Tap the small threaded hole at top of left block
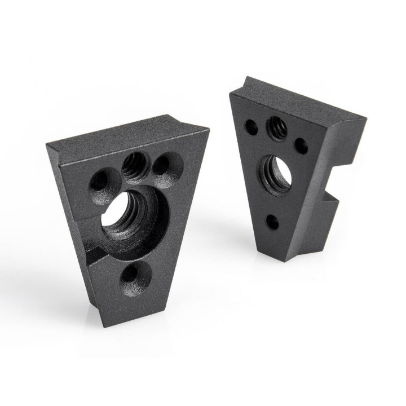(134, 166)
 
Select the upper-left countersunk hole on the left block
(100, 182)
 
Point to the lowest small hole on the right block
(272, 222)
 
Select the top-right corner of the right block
(365, 118)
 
